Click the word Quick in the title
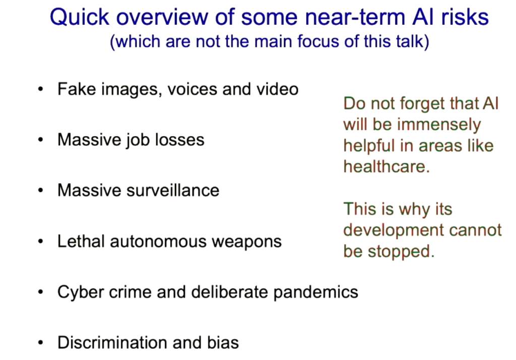(x=80, y=17)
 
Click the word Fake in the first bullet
(x=77, y=89)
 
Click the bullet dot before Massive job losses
(x=40, y=140)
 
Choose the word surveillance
(x=173, y=191)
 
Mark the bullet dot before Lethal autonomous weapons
(x=40, y=242)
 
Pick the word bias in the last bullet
(x=223, y=342)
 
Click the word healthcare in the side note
(x=386, y=166)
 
